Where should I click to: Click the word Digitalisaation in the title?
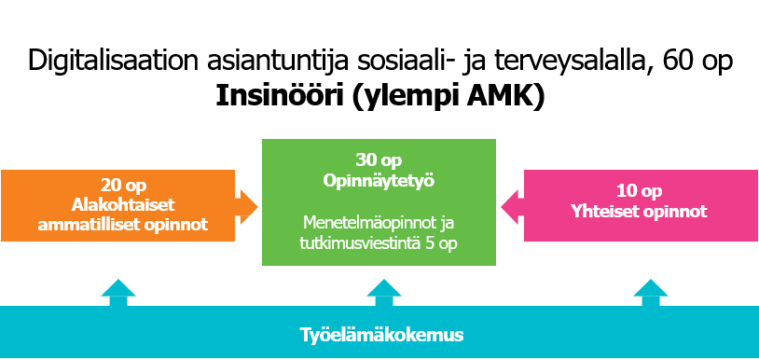point(113,62)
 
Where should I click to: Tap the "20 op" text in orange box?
point(123,186)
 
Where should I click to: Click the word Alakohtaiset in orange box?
point(123,204)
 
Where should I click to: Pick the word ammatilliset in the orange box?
point(93,225)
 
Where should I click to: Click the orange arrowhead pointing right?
point(249,207)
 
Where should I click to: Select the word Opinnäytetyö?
point(379,181)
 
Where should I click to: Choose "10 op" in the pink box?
point(639,191)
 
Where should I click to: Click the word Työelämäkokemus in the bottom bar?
point(381,335)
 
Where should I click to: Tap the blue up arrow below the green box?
point(384,292)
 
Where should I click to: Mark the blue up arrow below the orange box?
point(118,292)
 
